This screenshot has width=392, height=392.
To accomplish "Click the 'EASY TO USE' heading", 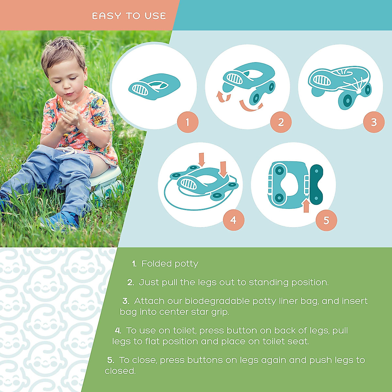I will pyautogui.click(x=129, y=16).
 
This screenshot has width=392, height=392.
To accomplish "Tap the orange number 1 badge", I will pyautogui.click(x=188, y=122).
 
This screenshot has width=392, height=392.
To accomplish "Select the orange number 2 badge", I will pyautogui.click(x=281, y=122).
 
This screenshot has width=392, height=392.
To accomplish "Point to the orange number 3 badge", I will pyautogui.click(x=374, y=122).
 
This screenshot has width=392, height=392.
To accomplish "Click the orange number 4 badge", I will pyautogui.click(x=233, y=220).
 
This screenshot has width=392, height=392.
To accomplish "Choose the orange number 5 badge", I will pyautogui.click(x=326, y=220).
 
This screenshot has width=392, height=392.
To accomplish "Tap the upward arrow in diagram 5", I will pyautogui.click(x=306, y=205).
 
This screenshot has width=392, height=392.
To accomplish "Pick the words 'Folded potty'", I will pyautogui.click(x=170, y=264).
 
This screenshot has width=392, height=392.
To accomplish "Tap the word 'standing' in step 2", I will pyautogui.click(x=269, y=282).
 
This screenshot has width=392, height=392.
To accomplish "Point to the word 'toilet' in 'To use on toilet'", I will pyautogui.click(x=184, y=331).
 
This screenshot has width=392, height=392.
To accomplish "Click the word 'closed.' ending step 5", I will pyautogui.click(x=120, y=371).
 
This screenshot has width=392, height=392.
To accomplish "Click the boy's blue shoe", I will pyautogui.click(x=62, y=220).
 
